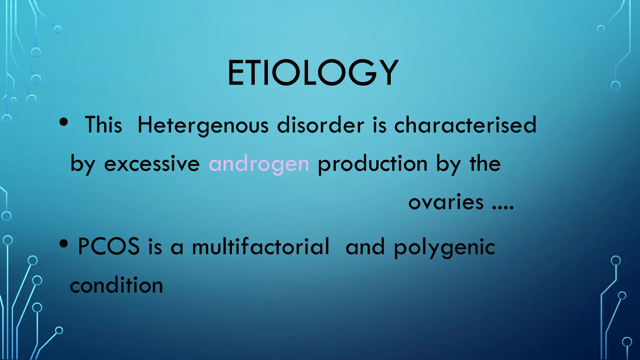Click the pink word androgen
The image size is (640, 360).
click(x=259, y=164)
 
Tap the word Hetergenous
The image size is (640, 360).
click(x=203, y=125)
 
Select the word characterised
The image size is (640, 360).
click(x=465, y=125)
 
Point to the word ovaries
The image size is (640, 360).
click(x=446, y=202)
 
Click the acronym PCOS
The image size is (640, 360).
click(x=108, y=247)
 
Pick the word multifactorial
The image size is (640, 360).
click(x=261, y=247)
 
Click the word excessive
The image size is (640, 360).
click(x=152, y=164)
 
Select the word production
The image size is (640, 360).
click(x=372, y=164)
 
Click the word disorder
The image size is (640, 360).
click(x=321, y=125)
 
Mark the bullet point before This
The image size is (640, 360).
click(x=63, y=122)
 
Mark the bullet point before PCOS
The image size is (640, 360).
click(x=63, y=244)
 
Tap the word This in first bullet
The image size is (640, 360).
click(x=103, y=125)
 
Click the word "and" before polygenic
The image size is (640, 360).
click(x=365, y=247)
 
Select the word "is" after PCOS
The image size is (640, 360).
click(x=155, y=247)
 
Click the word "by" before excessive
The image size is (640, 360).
click(x=82, y=164)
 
